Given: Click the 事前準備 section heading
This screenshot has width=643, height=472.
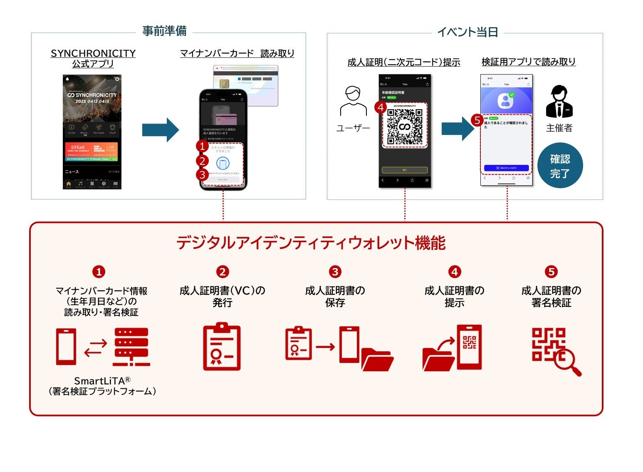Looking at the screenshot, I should click(x=164, y=31).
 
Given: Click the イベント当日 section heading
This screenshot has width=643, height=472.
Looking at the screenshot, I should click(x=467, y=32).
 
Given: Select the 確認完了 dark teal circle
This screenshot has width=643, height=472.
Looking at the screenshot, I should click(x=560, y=165).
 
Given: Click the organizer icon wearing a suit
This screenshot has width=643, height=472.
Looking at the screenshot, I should click(x=559, y=102).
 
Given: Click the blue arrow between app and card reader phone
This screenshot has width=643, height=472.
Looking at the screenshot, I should click(x=160, y=130).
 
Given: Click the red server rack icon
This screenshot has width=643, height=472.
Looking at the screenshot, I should click(x=131, y=347).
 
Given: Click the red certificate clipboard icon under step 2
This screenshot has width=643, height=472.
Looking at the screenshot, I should click(x=222, y=346).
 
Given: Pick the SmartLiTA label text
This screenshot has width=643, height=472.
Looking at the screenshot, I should click(x=102, y=380).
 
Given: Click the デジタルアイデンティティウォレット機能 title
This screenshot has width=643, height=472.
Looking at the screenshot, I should click(x=311, y=243).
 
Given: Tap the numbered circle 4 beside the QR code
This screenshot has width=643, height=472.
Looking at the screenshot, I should click(x=380, y=107).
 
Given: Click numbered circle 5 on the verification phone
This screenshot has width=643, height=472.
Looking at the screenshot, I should click(x=477, y=121).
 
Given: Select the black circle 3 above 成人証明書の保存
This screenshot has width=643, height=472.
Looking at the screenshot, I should click(x=335, y=272).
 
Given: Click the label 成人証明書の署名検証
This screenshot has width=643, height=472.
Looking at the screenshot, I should click(x=551, y=296).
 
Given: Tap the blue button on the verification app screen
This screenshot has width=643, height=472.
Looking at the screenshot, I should click(x=506, y=168).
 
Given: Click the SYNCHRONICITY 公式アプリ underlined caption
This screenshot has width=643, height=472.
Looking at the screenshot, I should click(x=93, y=58).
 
